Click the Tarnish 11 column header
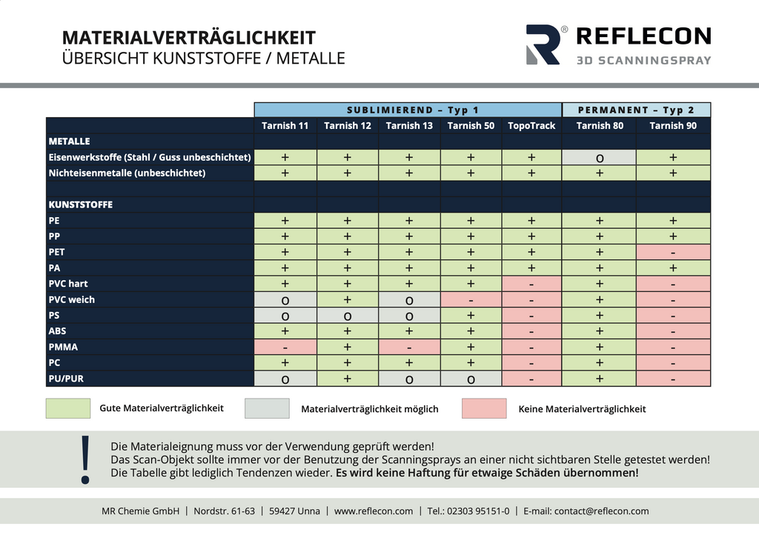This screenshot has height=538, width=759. [285, 126]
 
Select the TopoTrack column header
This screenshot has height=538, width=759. [531, 126]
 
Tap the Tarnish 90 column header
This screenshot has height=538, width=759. [673, 126]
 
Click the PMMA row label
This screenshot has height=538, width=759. [64, 347]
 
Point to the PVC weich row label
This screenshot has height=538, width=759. [72, 299]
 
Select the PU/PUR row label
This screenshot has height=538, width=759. [67, 379]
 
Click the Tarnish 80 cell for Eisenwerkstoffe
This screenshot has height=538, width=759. [599, 157]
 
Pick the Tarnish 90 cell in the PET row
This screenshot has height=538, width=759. [673, 252]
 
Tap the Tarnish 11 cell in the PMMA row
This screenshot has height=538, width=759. [285, 347]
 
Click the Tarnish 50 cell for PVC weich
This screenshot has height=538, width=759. [471, 299]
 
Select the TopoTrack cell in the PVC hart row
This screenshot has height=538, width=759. [531, 284]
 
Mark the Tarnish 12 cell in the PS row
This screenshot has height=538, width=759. [347, 316]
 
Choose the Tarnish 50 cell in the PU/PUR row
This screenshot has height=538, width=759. [471, 379]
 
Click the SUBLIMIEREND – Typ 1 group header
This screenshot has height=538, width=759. [408, 110]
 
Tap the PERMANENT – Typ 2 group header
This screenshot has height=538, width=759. [637, 110]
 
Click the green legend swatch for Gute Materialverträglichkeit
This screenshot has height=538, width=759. [68, 408]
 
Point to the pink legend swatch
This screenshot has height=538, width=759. [484, 408]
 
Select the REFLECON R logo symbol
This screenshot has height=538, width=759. [543, 44]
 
